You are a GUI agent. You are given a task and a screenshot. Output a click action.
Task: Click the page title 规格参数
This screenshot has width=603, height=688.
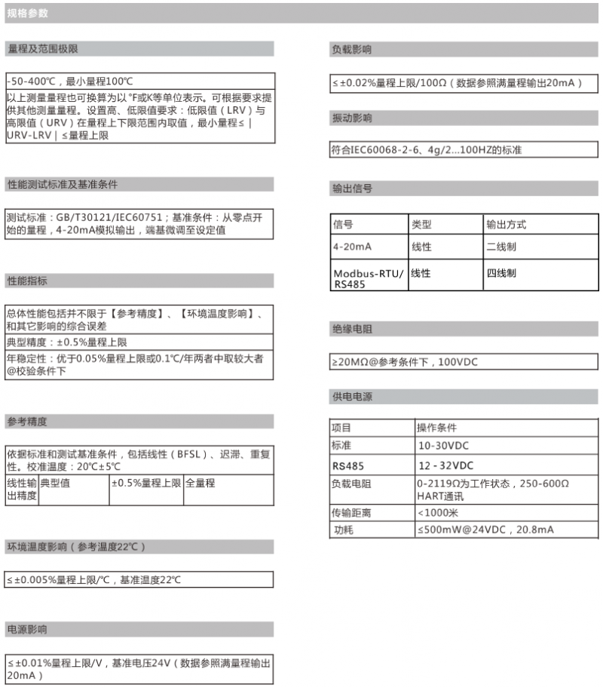[x=27, y=13]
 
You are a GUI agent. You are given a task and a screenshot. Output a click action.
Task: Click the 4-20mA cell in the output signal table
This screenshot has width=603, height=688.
[x=352, y=247]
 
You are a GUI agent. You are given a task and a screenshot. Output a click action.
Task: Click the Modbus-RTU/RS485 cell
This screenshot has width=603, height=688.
[x=369, y=278]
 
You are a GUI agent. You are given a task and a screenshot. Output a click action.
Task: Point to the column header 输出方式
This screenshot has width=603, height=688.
[x=506, y=225]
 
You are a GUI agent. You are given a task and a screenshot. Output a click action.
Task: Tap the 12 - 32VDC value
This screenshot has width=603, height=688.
[x=445, y=465]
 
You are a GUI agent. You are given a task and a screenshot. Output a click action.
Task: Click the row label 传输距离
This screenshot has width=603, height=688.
[x=351, y=512]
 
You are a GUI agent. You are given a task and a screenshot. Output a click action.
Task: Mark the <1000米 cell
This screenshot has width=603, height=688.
[x=436, y=512]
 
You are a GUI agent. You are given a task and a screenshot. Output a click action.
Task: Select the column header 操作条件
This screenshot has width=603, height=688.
[x=436, y=428]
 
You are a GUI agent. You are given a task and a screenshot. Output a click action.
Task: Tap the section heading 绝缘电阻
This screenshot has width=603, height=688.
[x=352, y=329]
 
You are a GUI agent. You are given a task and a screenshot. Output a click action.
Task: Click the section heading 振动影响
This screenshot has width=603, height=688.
[x=352, y=118]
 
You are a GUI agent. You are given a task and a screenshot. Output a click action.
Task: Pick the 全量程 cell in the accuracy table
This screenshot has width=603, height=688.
[x=200, y=483]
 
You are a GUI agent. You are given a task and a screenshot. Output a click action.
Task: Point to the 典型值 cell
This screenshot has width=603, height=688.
[x=54, y=483]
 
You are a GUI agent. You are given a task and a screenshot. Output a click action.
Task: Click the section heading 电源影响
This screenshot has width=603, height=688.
[x=27, y=629]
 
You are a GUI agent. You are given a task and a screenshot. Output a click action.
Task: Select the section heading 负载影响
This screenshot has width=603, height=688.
[x=352, y=49]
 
